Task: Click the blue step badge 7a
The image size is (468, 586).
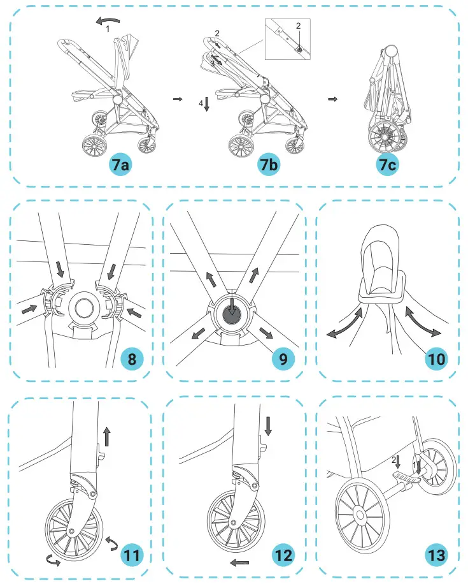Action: point(120,165)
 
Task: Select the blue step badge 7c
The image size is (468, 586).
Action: point(388,165)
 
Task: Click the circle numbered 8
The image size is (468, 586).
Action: point(132,358)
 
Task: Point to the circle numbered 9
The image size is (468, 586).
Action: point(283,359)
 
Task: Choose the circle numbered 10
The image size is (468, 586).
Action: point(437,358)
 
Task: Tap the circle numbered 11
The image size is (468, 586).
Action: point(132,554)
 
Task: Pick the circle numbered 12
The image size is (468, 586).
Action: point(283,554)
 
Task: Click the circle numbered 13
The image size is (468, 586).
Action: point(437,554)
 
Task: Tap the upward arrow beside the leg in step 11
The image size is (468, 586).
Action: point(106,437)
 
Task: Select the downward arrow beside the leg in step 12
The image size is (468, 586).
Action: point(267,426)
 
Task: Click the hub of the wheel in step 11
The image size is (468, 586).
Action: point(71,531)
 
